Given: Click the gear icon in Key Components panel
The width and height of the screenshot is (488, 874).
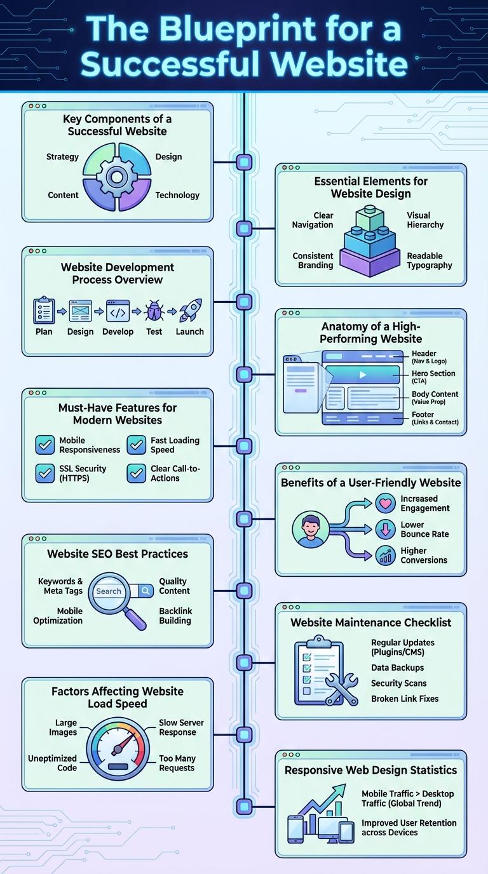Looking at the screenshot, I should [117, 176].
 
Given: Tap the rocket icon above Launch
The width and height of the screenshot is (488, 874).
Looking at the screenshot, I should [189, 311].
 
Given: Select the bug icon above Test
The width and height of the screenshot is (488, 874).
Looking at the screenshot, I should [154, 312].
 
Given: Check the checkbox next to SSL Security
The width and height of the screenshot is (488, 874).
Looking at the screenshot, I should [44, 473].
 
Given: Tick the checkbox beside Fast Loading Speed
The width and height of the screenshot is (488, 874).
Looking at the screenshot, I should [137, 445].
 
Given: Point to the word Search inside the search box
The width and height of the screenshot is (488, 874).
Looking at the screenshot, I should [109, 591].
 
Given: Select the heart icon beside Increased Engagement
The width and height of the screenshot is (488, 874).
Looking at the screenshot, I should [386, 504].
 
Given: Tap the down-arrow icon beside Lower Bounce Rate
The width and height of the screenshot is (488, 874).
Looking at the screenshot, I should [386, 529].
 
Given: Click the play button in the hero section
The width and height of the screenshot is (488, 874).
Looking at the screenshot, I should [363, 375].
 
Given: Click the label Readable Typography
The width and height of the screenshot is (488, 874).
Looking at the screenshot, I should [430, 260].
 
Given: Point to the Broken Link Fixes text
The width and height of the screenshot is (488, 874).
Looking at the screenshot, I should [405, 699].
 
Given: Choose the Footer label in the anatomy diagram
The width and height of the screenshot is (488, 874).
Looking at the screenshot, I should [424, 415].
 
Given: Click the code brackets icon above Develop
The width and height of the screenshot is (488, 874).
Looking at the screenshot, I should [118, 312].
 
